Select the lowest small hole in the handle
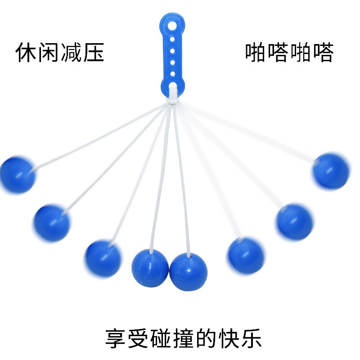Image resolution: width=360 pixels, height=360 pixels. click(171, 73)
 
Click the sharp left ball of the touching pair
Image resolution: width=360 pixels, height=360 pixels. click(150, 268)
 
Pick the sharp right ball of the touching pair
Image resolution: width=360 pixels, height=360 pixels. click(189, 271)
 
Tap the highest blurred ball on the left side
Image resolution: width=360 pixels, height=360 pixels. click(17, 175)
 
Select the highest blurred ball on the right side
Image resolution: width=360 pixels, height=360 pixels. click(331, 171)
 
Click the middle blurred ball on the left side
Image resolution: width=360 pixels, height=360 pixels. click(52, 223)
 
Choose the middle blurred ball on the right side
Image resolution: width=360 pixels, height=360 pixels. click(294, 222)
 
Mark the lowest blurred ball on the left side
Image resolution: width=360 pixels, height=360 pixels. click(103, 258)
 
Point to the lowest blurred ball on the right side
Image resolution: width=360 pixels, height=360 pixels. click(245, 256)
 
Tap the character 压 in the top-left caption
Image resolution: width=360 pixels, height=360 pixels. click(93, 53)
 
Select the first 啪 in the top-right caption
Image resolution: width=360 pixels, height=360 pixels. click(256, 53)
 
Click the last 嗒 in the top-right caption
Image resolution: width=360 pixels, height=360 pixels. click(323, 53)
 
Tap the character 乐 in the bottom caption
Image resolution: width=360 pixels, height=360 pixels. click(251, 338)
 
